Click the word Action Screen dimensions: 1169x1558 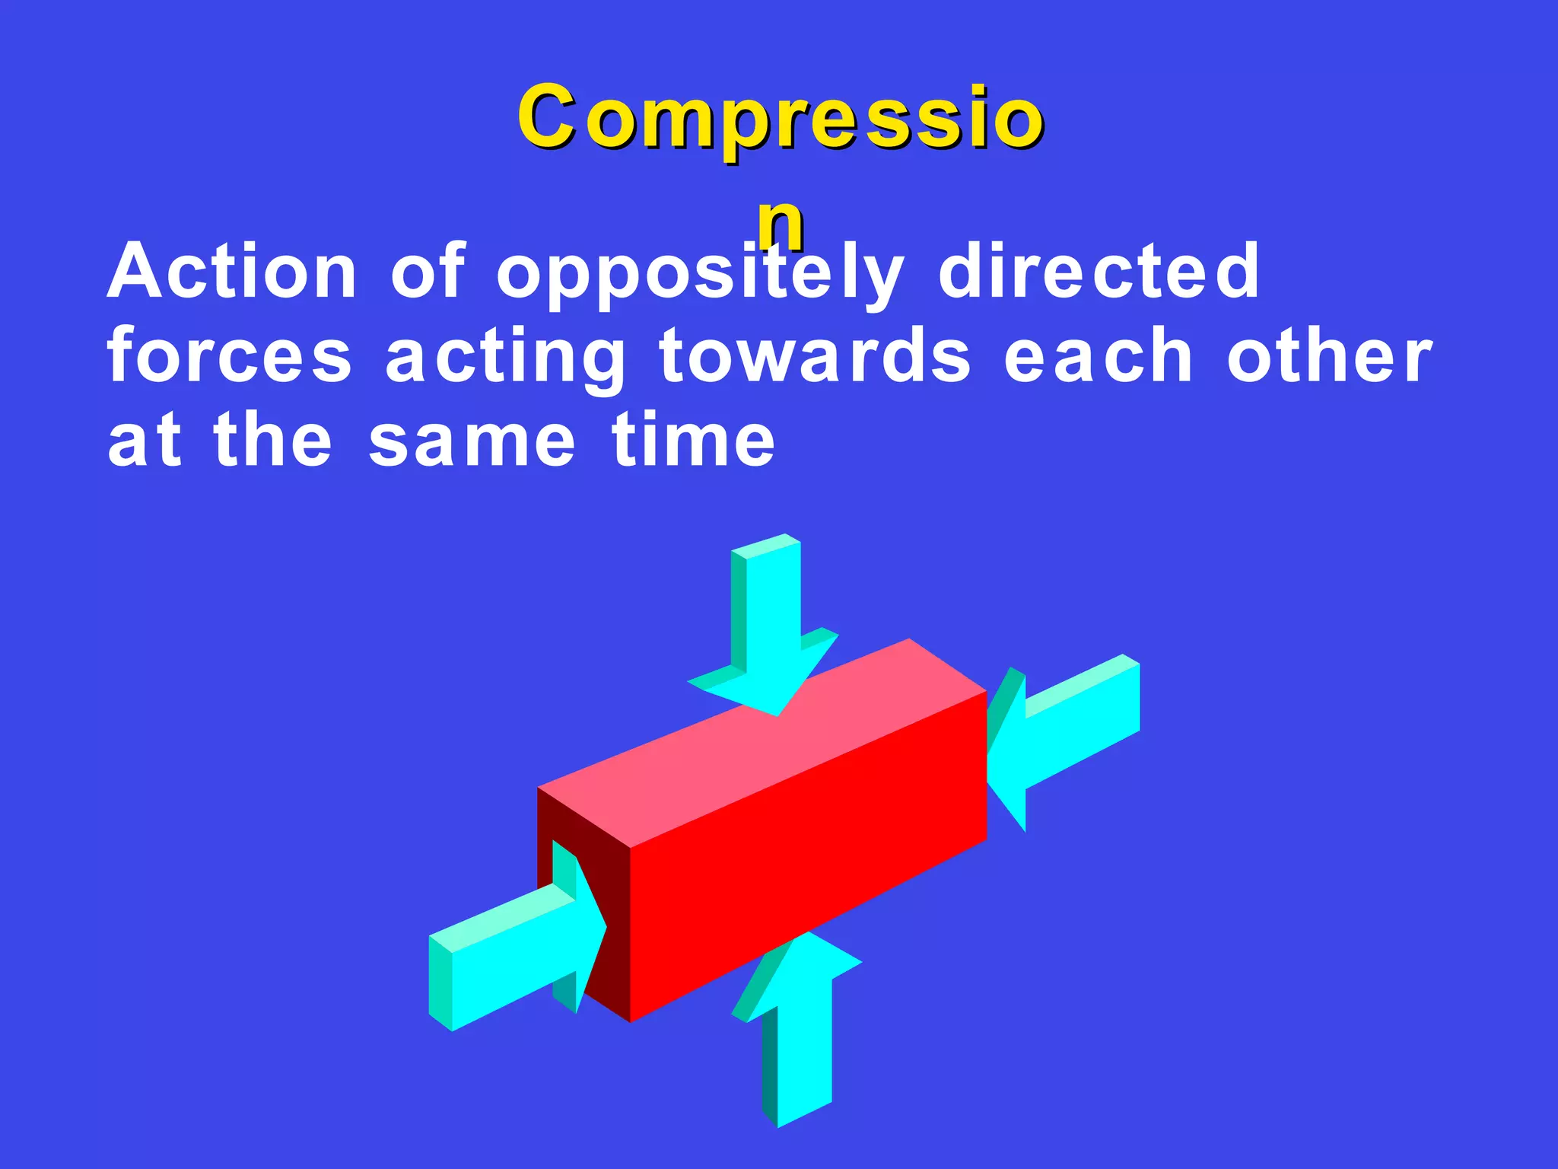tap(232, 272)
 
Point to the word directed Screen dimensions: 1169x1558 tap(1099, 272)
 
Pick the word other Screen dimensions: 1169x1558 tap(1330, 356)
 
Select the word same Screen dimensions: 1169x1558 tap(472, 441)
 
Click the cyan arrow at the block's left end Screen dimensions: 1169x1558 tap(510, 951)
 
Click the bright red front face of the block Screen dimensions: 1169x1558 tap(806, 860)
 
